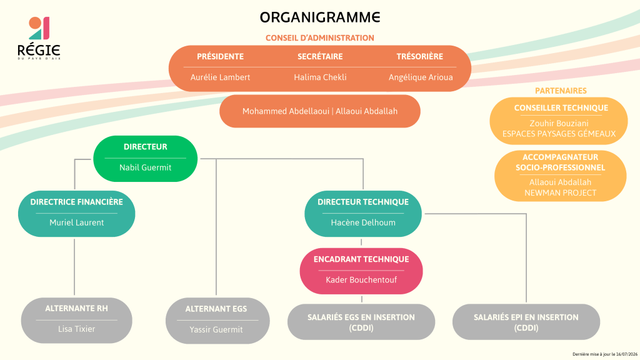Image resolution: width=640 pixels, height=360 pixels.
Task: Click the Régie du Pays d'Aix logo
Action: point(39,38)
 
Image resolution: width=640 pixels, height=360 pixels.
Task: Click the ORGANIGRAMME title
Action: point(320,17)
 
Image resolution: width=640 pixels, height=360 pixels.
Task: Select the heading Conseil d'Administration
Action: point(320,38)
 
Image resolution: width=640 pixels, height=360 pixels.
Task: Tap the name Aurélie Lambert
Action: point(220,77)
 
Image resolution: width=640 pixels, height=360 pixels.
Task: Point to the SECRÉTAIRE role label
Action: point(320,56)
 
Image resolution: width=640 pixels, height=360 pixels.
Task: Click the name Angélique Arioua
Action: point(421,77)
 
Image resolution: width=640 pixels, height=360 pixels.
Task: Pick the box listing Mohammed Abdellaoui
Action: point(320,111)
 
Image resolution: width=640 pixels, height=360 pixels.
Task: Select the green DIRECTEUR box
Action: point(145,159)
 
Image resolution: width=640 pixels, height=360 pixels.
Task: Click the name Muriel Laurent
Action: point(77,222)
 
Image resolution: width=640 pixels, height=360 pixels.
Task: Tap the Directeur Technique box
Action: point(363,214)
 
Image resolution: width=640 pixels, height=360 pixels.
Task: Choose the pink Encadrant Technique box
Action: point(361,271)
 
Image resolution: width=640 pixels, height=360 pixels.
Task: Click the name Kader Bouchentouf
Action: point(361,279)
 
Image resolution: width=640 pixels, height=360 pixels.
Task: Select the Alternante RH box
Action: point(77,321)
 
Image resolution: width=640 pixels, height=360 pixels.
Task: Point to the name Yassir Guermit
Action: point(216,329)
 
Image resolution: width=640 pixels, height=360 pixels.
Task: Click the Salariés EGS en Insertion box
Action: point(361,322)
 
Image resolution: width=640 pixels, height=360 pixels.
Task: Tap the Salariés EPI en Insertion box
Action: point(526,322)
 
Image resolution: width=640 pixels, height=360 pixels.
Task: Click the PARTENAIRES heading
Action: point(561,91)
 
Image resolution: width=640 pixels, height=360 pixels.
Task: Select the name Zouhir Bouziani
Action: point(559,123)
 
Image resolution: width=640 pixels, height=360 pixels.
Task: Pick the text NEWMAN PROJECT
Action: point(561,192)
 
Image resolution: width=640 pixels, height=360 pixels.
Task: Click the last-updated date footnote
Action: point(605,354)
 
